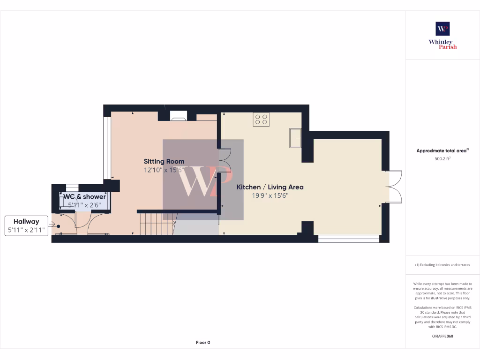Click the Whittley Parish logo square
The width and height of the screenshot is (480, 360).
click(x=442, y=29)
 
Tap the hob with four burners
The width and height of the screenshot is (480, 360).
click(x=261, y=120)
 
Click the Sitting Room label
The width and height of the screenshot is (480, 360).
click(x=164, y=161)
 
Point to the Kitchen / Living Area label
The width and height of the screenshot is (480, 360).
click(x=270, y=187)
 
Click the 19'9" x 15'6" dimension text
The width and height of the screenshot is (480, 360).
click(x=270, y=195)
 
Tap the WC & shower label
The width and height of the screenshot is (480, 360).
click(x=85, y=196)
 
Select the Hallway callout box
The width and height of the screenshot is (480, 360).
click(x=26, y=225)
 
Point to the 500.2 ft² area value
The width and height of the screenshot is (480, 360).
click(x=442, y=159)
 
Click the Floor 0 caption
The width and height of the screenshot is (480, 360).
click(x=203, y=343)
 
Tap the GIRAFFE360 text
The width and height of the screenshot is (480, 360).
click(x=442, y=336)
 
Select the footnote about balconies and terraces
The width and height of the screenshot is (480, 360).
click(x=442, y=265)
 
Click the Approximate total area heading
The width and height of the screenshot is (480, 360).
click(x=442, y=151)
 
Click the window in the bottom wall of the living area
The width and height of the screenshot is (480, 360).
click(x=349, y=239)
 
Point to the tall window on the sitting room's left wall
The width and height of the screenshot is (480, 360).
click(x=106, y=148)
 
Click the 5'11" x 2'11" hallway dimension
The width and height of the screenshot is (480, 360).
click(x=26, y=230)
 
